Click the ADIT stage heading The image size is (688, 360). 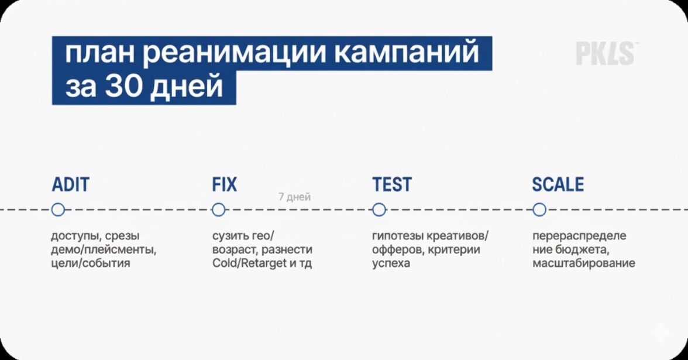(71, 184)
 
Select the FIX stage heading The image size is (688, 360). (224, 184)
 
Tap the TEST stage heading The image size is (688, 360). (392, 184)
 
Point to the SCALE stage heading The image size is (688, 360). (558, 184)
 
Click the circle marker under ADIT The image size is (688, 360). (58, 210)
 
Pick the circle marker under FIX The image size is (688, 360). (218, 210)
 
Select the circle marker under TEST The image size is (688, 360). (379, 210)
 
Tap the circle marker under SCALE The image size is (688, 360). (539, 210)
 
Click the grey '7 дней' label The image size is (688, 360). (294, 197)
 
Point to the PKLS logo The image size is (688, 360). (606, 54)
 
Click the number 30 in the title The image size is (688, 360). (121, 85)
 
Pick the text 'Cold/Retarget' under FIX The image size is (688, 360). (249, 263)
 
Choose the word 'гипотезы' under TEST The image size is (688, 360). (398, 236)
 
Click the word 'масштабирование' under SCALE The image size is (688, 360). (584, 263)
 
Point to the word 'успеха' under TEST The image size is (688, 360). (391, 264)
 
